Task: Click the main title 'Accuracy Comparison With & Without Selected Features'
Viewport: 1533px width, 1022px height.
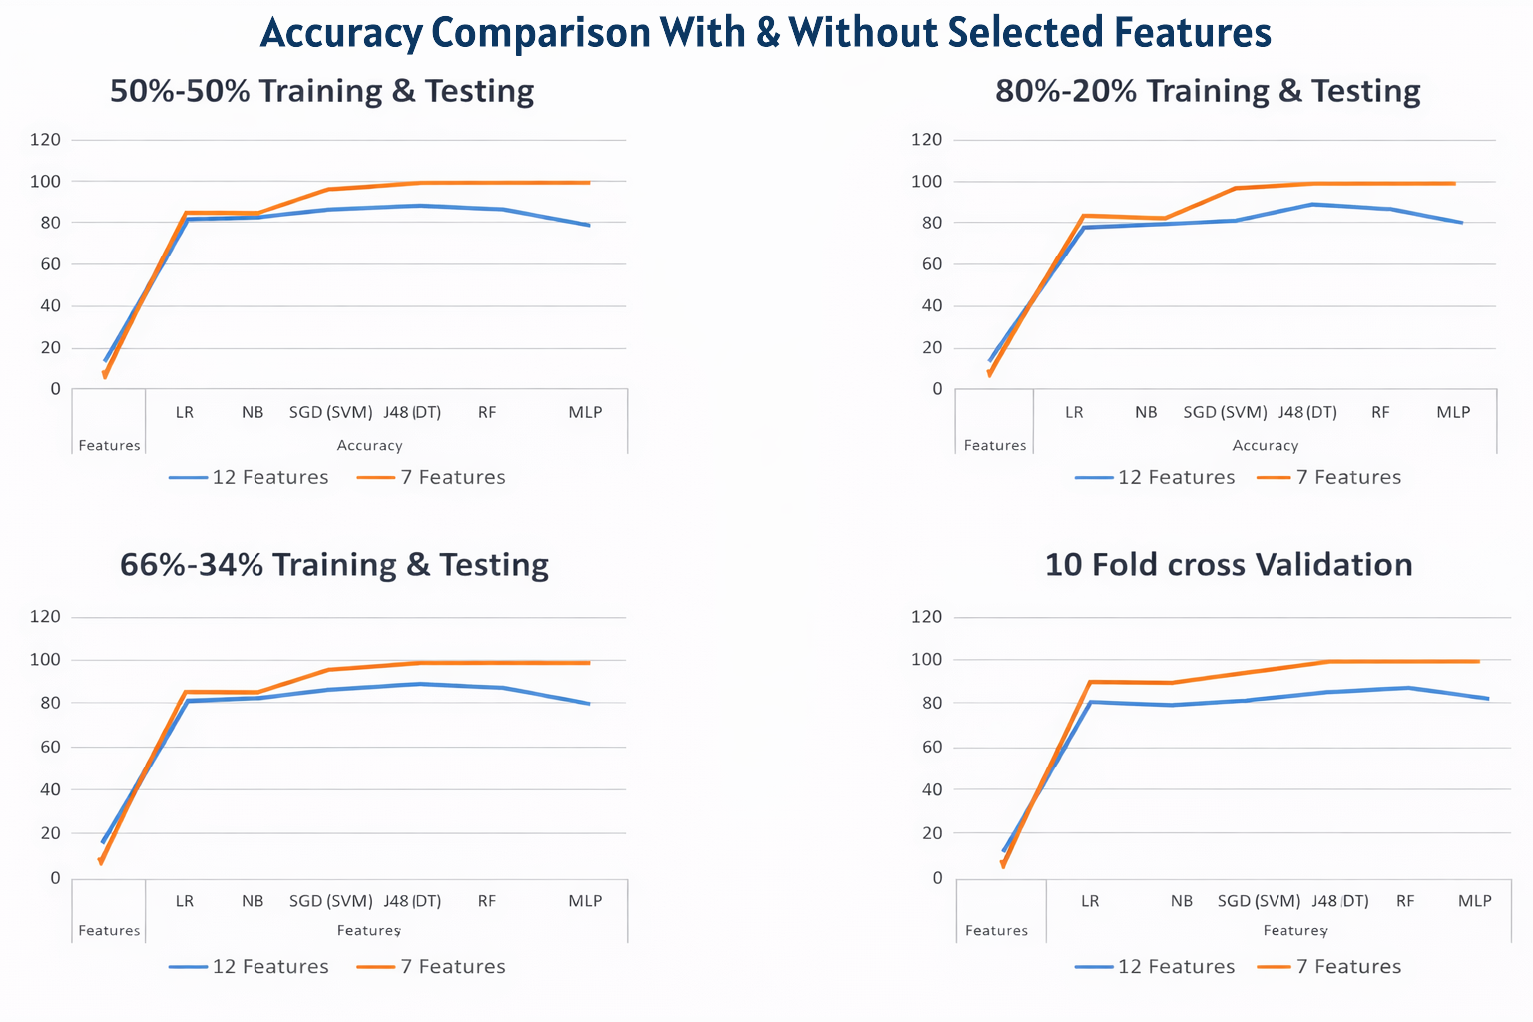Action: pos(766,33)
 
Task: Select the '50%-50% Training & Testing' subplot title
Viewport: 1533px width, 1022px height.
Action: pos(321,91)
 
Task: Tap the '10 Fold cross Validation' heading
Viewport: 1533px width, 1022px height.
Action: pos(1229,565)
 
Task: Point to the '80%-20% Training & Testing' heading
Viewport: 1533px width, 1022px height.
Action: pos(1208,91)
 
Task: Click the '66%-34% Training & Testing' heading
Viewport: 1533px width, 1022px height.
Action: pos(333,565)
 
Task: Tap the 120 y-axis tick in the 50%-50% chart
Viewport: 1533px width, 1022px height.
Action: pos(45,140)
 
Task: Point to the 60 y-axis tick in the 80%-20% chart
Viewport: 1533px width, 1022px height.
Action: pos(932,264)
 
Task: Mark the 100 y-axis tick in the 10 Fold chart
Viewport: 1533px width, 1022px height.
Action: pos(927,660)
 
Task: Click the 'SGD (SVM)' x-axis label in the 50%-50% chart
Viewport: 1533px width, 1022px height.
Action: pos(330,413)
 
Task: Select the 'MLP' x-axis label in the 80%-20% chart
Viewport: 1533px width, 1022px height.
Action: pos(1453,413)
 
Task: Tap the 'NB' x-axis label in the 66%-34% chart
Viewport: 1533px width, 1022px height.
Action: pos(253,901)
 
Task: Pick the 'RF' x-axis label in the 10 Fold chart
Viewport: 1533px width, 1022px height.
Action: pos(1405,901)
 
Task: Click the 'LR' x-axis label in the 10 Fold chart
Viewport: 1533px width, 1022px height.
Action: pos(1090,901)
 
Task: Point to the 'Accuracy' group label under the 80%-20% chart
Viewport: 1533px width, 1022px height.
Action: pos(1265,446)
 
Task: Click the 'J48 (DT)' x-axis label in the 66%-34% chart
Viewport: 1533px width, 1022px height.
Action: pos(412,901)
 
